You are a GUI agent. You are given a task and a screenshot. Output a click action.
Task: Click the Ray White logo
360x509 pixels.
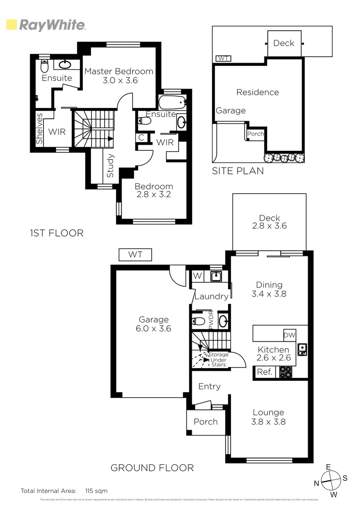click(x=46, y=25)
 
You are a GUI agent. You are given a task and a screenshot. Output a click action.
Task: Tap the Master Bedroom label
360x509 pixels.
click(x=119, y=76)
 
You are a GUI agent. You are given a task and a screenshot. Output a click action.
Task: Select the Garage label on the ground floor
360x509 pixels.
click(x=154, y=324)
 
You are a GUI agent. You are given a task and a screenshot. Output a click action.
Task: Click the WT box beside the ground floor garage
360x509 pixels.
click(x=135, y=255)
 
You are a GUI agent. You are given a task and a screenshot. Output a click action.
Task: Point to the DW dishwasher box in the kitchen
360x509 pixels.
click(x=289, y=335)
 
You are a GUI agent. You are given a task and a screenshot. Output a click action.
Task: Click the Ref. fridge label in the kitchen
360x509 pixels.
click(x=265, y=372)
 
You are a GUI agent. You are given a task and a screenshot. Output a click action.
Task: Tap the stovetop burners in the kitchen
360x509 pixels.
click(x=286, y=372)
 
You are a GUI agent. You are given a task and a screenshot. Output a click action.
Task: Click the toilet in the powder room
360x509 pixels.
click(x=199, y=322)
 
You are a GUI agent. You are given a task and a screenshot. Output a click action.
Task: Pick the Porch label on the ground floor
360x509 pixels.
click(x=206, y=421)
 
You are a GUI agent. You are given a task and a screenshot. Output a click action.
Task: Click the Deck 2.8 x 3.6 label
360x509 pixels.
click(x=269, y=222)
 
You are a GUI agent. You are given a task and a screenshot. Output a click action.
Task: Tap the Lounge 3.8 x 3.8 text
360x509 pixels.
click(x=269, y=417)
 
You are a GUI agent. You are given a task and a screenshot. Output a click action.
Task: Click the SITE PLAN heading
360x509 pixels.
click(x=237, y=171)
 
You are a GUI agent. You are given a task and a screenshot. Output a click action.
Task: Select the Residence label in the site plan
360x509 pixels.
click(x=257, y=92)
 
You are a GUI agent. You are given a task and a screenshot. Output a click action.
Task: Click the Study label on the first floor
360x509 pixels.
click(x=110, y=165)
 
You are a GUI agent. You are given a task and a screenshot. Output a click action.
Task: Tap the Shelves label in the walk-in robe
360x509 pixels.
click(x=40, y=128)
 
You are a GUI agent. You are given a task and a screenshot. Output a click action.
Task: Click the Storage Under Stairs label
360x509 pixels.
click(x=219, y=360)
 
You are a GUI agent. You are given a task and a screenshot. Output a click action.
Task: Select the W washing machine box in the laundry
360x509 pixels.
click(x=197, y=276)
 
